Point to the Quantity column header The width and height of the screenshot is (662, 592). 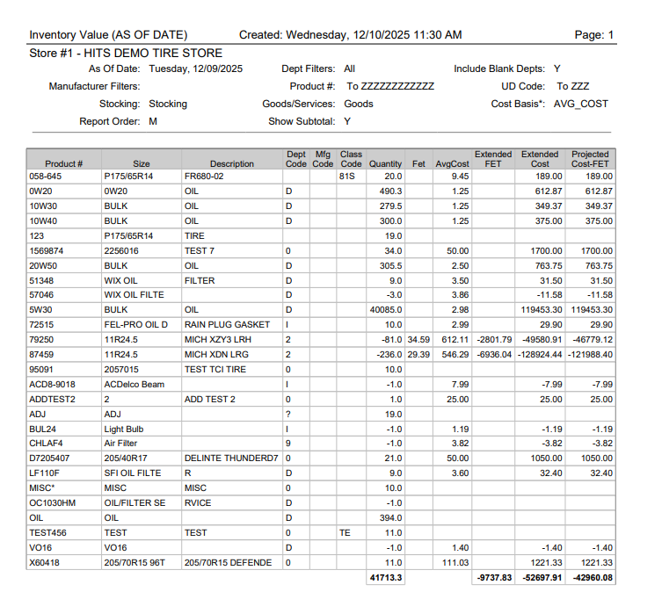point(385,163)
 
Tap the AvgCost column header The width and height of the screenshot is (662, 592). point(453,163)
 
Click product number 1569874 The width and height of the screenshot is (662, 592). point(49,250)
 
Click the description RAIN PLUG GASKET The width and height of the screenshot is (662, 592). point(227,325)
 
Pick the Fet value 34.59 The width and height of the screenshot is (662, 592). point(418,340)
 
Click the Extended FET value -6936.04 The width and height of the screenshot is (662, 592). point(493,355)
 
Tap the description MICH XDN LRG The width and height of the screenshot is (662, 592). point(215,355)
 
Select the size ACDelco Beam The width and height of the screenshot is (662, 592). point(134,384)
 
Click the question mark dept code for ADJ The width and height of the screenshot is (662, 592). point(288,414)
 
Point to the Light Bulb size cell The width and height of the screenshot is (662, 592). point(125,429)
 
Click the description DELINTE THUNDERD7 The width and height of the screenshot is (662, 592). point(230,458)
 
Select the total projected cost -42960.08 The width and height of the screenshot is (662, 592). point(591,577)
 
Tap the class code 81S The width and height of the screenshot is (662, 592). point(346,177)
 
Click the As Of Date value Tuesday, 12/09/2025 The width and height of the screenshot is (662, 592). point(196,69)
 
